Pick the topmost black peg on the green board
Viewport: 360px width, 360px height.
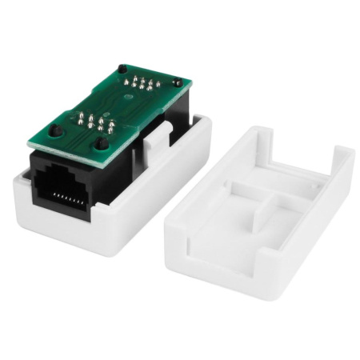(x=122, y=69)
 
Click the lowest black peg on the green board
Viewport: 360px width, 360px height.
(x=102, y=144)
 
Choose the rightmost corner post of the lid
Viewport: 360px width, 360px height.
(x=346, y=160)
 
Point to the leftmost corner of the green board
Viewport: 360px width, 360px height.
(x=30, y=144)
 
